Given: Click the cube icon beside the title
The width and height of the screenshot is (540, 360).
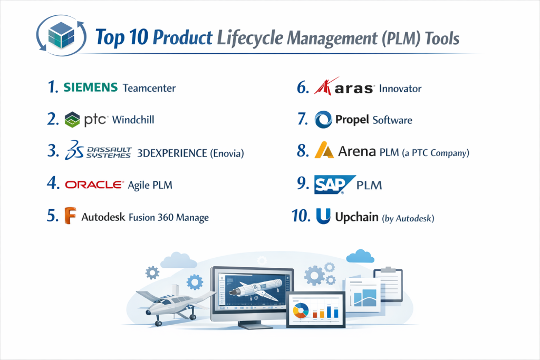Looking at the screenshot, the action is click(x=61, y=35).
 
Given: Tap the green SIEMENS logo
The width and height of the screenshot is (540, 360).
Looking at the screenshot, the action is click(x=91, y=87).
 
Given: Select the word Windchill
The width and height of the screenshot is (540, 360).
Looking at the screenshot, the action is click(x=133, y=120).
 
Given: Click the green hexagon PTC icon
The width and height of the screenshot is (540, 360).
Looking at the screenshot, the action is click(x=72, y=120).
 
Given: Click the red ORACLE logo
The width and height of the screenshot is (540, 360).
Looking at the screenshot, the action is click(x=94, y=185).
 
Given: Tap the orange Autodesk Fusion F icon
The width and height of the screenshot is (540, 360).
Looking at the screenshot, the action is click(x=70, y=216).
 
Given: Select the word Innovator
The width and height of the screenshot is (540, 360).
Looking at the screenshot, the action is click(x=400, y=89).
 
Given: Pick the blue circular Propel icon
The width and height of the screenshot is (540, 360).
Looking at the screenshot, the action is click(x=323, y=120).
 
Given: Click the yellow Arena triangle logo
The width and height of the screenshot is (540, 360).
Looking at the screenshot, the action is click(x=324, y=150).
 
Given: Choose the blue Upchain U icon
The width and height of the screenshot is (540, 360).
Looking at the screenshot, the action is click(x=323, y=216).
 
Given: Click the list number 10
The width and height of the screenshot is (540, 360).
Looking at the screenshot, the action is click(x=301, y=216).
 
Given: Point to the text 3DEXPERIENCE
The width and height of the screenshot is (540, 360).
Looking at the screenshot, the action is click(x=172, y=153).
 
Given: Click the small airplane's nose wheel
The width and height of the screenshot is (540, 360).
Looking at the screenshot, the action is click(x=158, y=323).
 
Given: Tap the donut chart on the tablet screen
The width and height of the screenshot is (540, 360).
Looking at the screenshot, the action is click(x=301, y=310).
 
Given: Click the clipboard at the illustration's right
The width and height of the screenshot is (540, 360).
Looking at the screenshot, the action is click(x=388, y=284).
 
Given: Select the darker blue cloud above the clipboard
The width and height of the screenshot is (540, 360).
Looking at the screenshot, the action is click(x=360, y=256).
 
